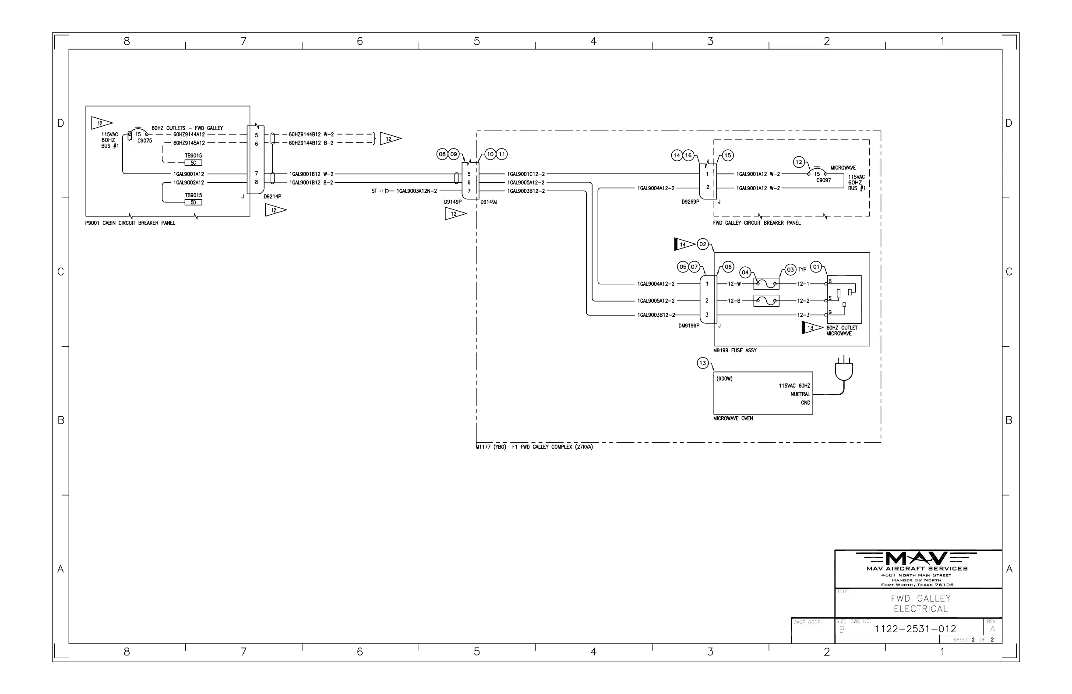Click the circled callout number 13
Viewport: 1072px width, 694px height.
coord(703,363)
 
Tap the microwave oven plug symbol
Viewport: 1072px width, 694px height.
coord(844,369)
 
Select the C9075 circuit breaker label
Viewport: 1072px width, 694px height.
coord(145,141)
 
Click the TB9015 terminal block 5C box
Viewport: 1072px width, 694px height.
coord(193,163)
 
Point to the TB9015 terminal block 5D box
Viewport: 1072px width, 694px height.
coord(193,202)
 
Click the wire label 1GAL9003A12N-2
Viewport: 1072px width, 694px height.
coord(416,191)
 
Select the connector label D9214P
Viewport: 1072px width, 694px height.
coord(272,196)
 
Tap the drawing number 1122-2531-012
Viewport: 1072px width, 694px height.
coord(915,629)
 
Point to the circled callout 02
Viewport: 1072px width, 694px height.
coord(703,244)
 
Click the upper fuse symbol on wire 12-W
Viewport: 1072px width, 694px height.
coord(766,284)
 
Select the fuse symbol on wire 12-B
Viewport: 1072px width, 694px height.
coord(766,301)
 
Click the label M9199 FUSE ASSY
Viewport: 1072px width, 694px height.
coord(735,351)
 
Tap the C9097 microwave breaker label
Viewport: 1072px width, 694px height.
coord(823,180)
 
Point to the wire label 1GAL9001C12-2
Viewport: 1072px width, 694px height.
coord(526,174)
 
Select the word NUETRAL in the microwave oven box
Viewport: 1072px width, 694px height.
coord(800,394)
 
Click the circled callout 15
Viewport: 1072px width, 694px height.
coord(728,156)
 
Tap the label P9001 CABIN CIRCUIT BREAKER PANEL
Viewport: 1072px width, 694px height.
coord(130,223)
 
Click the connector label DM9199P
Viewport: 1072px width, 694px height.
coord(689,326)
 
